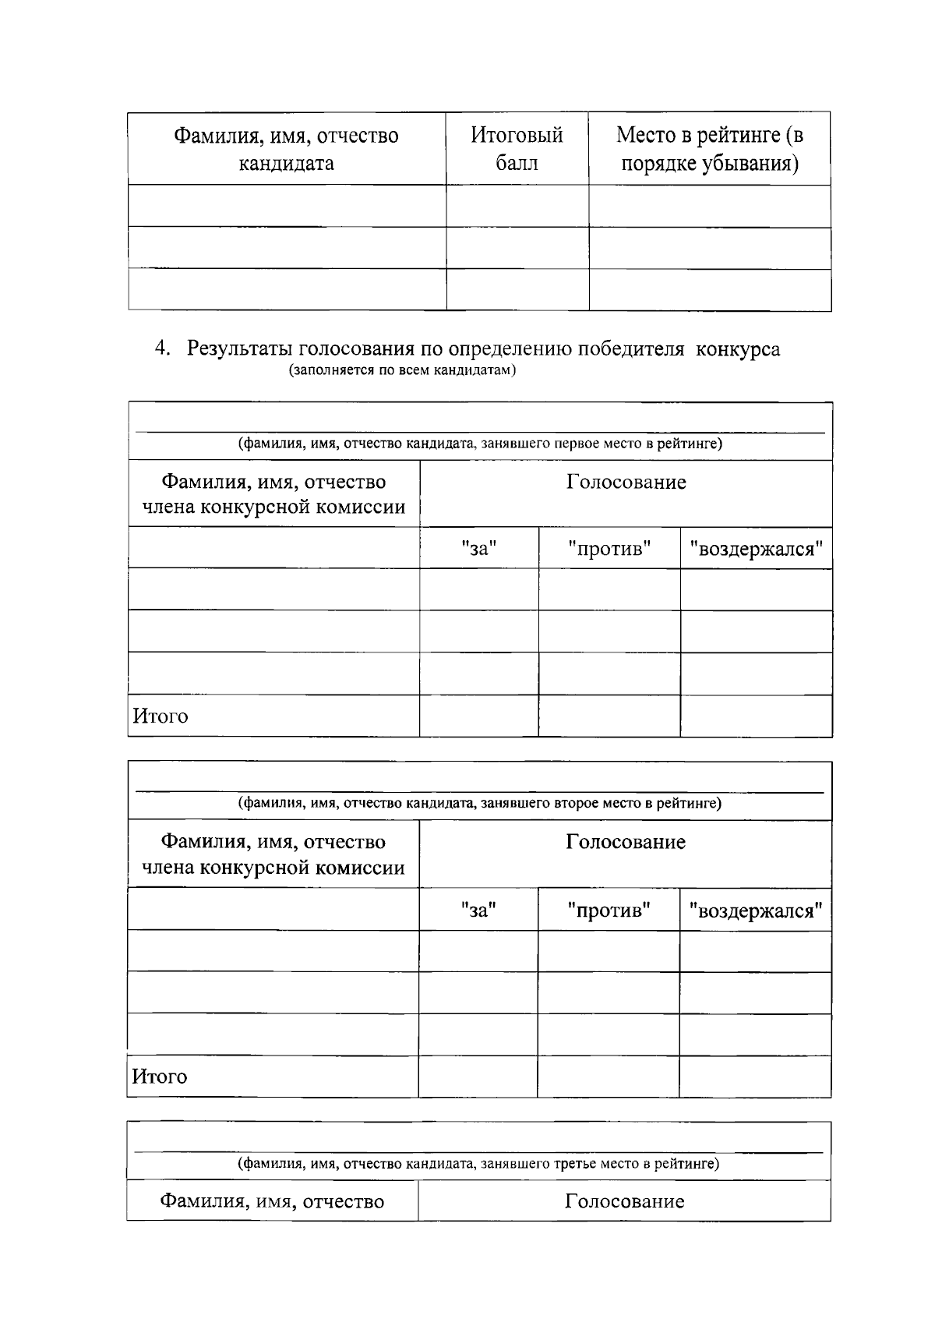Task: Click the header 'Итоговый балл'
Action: click(x=517, y=148)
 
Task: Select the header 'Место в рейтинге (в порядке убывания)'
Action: click(x=709, y=148)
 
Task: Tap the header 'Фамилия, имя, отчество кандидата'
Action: click(x=286, y=148)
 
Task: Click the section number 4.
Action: click(x=161, y=348)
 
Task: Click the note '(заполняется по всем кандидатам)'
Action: click(x=403, y=370)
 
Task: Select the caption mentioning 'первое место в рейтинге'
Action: click(x=480, y=444)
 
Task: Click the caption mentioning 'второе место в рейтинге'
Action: click(x=480, y=803)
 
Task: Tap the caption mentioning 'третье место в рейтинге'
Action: click(x=478, y=1164)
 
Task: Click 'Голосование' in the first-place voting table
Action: click(x=626, y=483)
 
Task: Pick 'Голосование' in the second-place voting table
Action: click(x=625, y=842)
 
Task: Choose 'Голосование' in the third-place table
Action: click(x=624, y=1201)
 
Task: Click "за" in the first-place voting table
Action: click(x=478, y=549)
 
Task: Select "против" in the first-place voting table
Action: click(x=609, y=549)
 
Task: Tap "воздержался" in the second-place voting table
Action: click(x=754, y=910)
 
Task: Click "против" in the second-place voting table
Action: click(x=608, y=910)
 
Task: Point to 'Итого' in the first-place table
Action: click(x=161, y=716)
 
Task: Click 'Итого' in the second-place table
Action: click(x=160, y=1077)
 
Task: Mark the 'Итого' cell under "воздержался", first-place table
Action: click(x=756, y=716)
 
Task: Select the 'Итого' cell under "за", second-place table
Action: click(x=478, y=1077)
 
